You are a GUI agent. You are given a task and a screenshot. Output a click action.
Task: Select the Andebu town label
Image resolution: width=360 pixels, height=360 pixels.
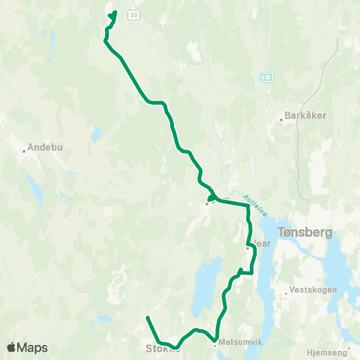pyautogui.click(x=43, y=147)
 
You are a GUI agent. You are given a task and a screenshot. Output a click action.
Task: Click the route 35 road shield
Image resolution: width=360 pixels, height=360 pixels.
pyautogui.click(x=133, y=14)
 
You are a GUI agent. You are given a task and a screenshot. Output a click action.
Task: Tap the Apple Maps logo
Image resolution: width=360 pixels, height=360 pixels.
pyautogui.click(x=27, y=347)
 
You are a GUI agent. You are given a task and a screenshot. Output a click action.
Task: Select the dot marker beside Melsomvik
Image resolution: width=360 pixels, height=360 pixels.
pyautogui.click(x=214, y=345)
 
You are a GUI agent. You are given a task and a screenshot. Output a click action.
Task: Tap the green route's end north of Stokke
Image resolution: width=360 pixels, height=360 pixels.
pyautogui.click(x=148, y=318)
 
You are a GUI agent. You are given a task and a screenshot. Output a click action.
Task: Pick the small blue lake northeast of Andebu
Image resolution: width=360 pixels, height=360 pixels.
pyautogui.click(x=96, y=136)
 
